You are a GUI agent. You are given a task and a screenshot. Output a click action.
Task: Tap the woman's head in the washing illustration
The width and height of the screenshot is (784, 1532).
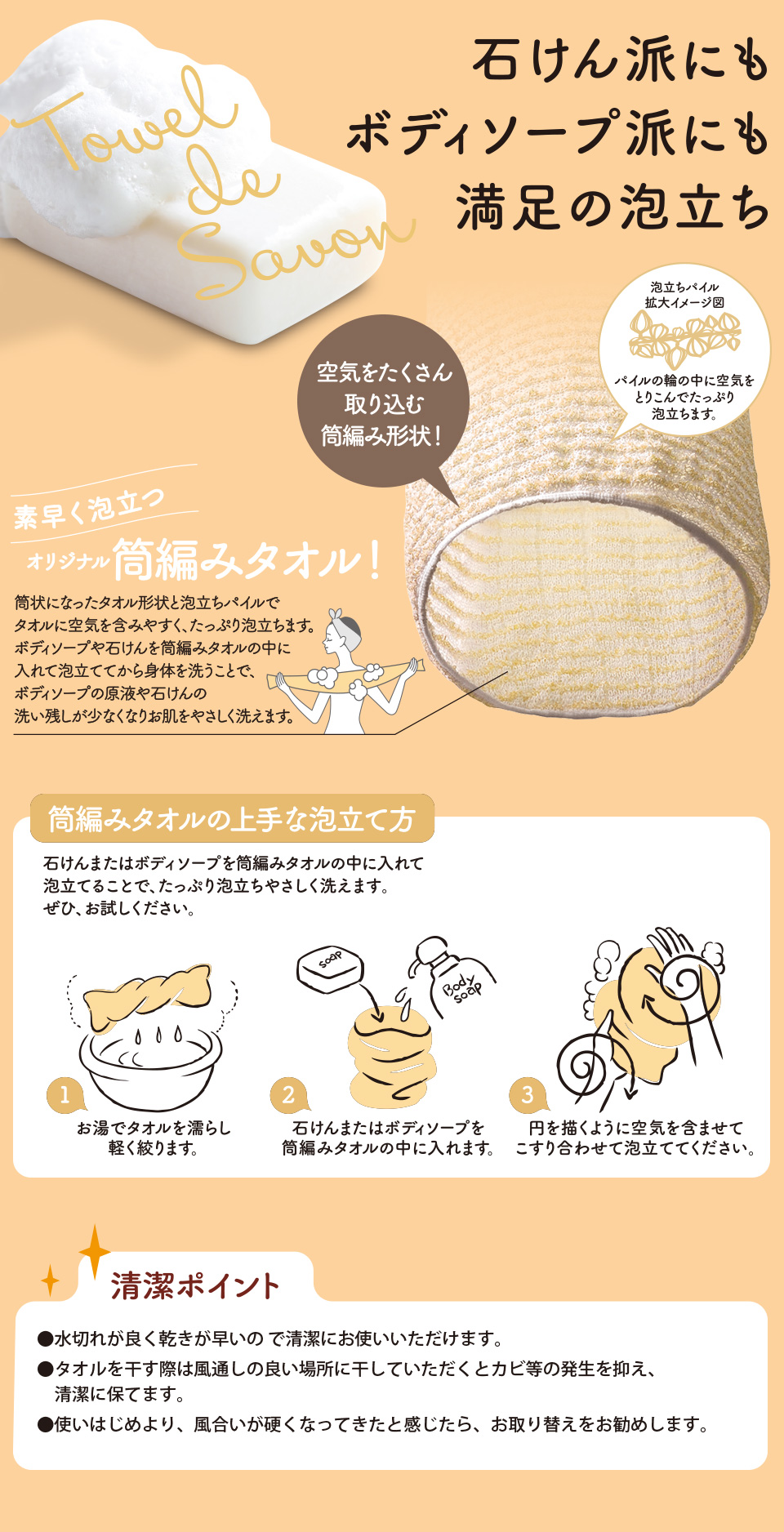[x=343, y=630]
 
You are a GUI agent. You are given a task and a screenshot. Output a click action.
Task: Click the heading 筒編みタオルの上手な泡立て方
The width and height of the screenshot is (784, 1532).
[x=232, y=819]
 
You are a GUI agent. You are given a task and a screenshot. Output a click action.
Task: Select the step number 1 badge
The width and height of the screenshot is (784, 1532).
[x=65, y=1094]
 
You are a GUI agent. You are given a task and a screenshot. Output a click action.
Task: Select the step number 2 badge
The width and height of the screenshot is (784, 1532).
[x=287, y=1094]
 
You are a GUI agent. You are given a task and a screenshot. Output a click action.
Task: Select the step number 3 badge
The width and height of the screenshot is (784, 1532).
[x=527, y=1094]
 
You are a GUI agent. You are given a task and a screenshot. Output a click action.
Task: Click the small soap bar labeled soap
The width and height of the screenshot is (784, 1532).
[x=329, y=968]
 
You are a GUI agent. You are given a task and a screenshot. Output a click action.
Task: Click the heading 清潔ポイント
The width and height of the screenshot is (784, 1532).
[x=196, y=1285]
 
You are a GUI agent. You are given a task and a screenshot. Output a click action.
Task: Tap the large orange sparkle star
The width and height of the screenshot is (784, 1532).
[x=95, y=1250]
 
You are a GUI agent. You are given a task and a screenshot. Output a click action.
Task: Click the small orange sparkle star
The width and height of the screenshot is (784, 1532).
[x=50, y=1280]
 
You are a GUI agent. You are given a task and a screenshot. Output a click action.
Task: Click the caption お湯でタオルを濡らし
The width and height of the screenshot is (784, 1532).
[x=154, y=1128]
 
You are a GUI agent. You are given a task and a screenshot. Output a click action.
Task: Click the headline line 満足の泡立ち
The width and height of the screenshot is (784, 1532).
[x=612, y=207]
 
